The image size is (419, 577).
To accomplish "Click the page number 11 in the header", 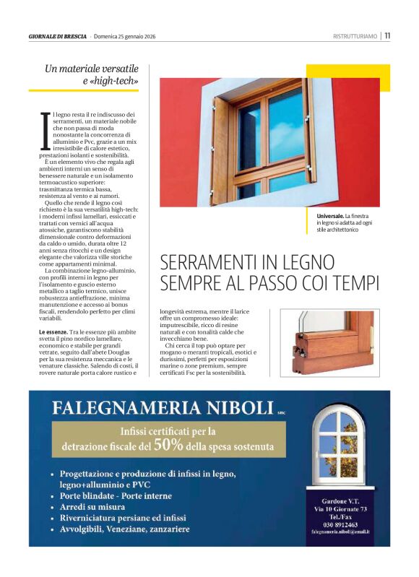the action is pyautogui.click(x=387, y=35).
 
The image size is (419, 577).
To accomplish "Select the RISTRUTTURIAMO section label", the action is pyautogui.click(x=355, y=36).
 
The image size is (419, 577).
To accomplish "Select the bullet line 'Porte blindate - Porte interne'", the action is pyautogui.click(x=116, y=496).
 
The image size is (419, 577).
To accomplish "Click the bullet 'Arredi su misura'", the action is pyautogui.click(x=92, y=507).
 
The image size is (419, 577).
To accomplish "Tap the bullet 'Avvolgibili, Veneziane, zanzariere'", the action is pyautogui.click(x=124, y=529).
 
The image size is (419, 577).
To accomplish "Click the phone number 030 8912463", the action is pyautogui.click(x=339, y=524).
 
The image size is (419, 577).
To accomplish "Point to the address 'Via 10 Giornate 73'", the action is pyautogui.click(x=340, y=509).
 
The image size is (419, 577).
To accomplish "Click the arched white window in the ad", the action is pyautogui.click(x=338, y=447).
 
